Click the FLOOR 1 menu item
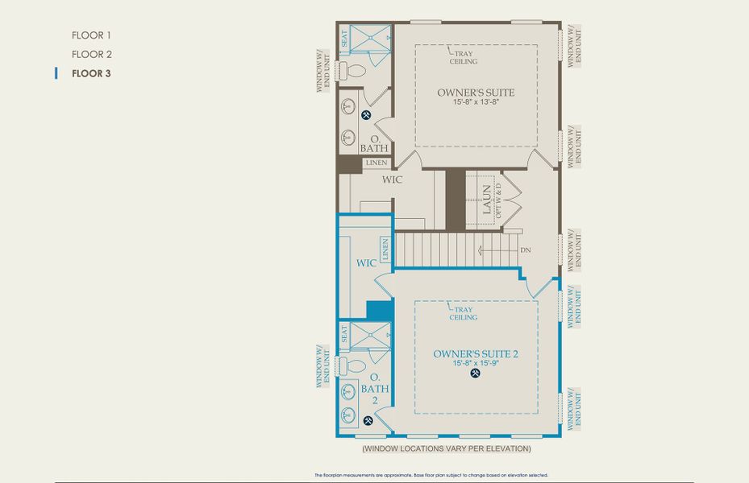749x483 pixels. (x=91, y=35)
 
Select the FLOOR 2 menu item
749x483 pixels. (x=91, y=55)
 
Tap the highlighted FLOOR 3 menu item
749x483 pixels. (x=91, y=74)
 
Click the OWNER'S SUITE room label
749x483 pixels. (x=476, y=93)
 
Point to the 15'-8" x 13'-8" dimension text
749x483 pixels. (x=476, y=103)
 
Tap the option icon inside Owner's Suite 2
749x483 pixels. (x=475, y=374)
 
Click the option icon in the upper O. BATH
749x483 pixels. (x=367, y=115)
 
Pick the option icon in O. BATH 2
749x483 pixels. (x=368, y=420)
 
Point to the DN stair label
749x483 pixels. (x=526, y=250)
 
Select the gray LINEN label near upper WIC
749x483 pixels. (x=376, y=163)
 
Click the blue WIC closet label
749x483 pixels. (x=367, y=263)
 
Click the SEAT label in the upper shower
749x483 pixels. (x=344, y=38)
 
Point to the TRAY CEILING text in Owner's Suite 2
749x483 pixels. (x=464, y=312)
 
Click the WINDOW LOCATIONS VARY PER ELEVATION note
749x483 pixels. (x=446, y=448)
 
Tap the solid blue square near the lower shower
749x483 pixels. (x=378, y=310)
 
